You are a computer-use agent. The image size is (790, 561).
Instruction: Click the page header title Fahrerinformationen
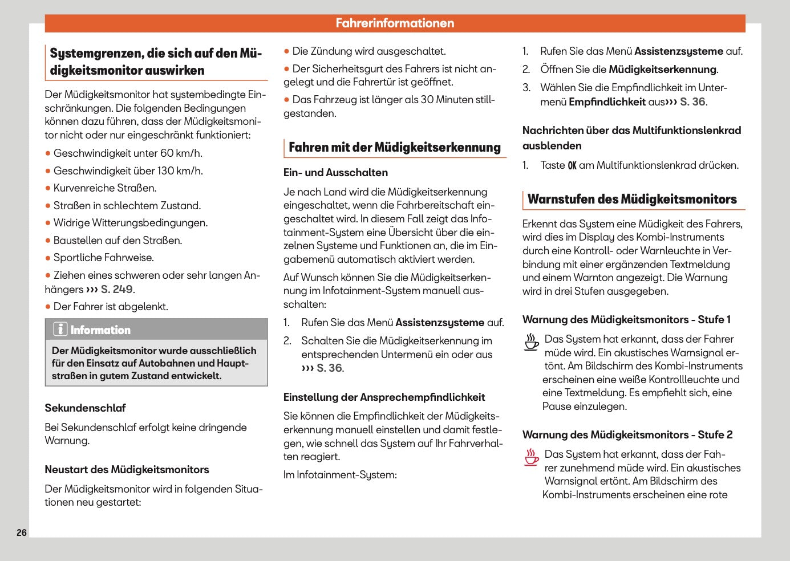(x=395, y=23)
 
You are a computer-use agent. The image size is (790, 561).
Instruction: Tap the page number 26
(x=22, y=532)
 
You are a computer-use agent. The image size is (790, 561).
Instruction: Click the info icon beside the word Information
(x=60, y=330)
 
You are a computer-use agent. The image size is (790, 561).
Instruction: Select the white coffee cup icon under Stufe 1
(x=532, y=342)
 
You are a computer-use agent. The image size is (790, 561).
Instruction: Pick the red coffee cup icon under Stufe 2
(x=532, y=457)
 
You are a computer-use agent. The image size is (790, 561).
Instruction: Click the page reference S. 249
(x=117, y=289)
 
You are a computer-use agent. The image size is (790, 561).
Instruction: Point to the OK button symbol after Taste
(x=572, y=165)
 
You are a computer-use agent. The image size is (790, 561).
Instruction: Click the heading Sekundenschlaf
(x=85, y=408)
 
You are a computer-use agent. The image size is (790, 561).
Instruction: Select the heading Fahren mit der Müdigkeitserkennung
(x=394, y=147)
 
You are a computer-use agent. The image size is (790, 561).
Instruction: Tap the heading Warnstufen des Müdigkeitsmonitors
(x=632, y=199)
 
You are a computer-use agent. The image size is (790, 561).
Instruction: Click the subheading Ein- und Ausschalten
(x=335, y=173)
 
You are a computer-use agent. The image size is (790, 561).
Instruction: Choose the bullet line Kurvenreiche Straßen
(x=104, y=188)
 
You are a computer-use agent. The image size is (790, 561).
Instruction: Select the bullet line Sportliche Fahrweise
(x=103, y=258)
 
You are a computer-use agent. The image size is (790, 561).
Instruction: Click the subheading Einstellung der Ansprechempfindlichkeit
(x=384, y=397)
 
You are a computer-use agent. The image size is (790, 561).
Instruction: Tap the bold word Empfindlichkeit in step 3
(x=607, y=102)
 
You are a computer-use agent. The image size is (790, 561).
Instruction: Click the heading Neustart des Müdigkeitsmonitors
(x=127, y=470)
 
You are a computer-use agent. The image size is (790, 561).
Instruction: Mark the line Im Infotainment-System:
(x=340, y=475)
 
